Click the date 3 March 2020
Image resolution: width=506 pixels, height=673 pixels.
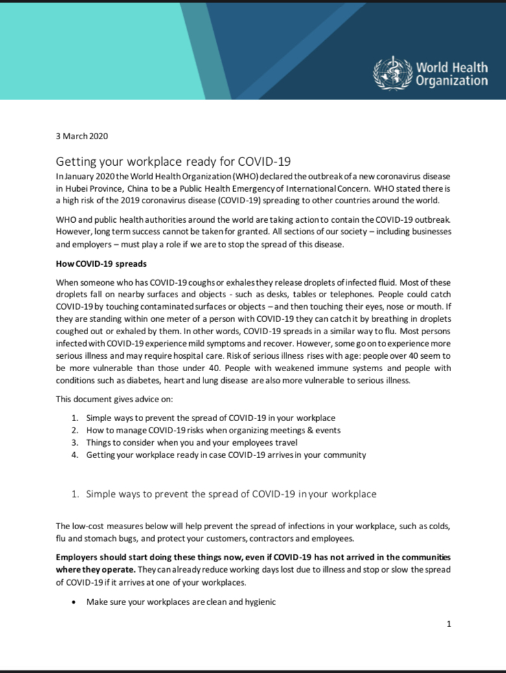click(82, 136)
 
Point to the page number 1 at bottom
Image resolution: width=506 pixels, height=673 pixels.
click(448, 624)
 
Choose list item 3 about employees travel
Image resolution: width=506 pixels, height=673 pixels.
click(192, 442)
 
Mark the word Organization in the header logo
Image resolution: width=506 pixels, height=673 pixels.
click(452, 81)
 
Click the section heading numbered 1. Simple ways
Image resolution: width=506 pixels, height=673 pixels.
click(224, 494)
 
